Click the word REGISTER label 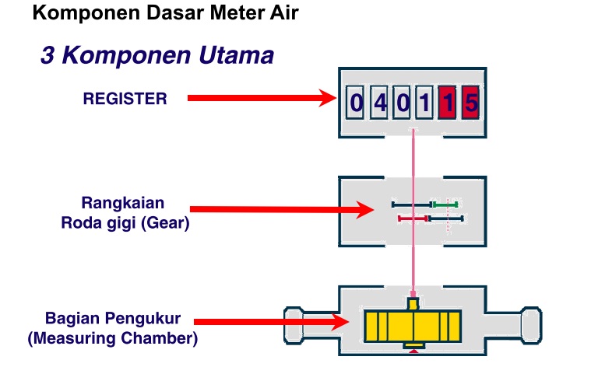(125, 99)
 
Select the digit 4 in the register (379, 103)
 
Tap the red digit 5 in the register (470, 103)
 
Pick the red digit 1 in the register (447, 103)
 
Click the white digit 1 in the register (424, 103)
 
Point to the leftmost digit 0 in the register (356, 103)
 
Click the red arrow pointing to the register (261, 98)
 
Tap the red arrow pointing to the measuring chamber (273, 321)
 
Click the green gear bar (445, 204)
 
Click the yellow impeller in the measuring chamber (413, 327)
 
